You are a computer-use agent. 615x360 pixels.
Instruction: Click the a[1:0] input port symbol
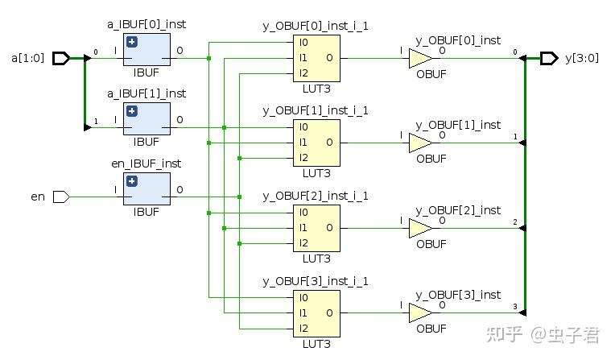pos(61,59)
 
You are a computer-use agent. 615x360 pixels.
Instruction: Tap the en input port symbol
pos(61,197)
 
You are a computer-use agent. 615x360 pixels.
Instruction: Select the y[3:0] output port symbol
pos(549,59)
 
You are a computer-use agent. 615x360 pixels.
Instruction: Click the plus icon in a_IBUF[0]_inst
pos(132,42)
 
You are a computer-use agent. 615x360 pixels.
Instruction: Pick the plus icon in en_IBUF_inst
pos(132,181)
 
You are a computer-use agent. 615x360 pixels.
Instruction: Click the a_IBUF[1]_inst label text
pos(147,94)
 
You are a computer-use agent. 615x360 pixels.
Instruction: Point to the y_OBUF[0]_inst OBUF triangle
pos(420,59)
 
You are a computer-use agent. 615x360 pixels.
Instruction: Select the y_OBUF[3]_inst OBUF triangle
pos(420,313)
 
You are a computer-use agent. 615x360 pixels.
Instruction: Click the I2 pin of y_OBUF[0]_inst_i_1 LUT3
pos(303,73)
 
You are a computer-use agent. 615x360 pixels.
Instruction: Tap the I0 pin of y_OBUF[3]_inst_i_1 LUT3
pos(303,298)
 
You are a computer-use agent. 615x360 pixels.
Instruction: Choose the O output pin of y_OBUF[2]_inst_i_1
pos(329,228)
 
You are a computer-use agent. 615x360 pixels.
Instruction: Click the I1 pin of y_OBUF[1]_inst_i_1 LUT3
pos(303,143)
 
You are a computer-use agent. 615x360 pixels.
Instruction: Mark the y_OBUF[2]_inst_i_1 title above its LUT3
pos(316,196)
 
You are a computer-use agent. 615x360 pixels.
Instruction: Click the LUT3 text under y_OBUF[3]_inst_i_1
pos(316,345)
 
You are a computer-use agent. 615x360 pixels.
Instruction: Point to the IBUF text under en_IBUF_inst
pos(147,212)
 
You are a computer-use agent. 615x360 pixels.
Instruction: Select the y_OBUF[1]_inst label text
pos(458,125)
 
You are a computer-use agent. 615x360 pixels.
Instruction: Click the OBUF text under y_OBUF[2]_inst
pos(431,244)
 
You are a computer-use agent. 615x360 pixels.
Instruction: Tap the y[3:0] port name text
pos(582,59)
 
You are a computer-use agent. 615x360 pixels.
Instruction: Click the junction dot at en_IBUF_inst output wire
pos(240,197)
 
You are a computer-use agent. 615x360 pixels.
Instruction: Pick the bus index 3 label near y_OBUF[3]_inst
pos(515,307)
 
